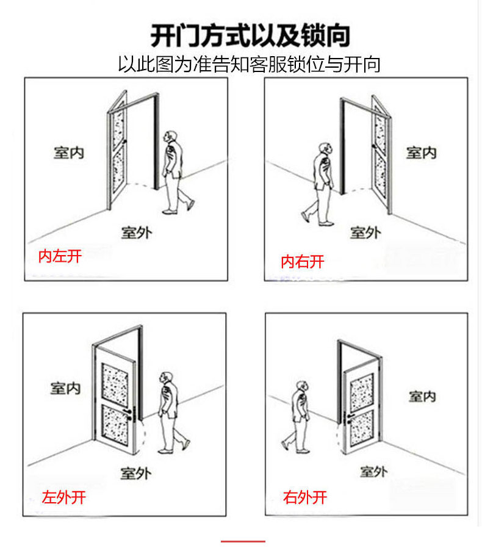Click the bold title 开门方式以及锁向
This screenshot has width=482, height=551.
(250, 35)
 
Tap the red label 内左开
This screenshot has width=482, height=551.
(60, 256)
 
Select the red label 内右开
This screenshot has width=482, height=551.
(302, 262)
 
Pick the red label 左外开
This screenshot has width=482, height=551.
(63, 497)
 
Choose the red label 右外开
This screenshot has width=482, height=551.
(305, 497)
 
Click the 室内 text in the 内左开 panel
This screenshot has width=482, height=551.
(68, 153)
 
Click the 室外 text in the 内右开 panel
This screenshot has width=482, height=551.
(365, 232)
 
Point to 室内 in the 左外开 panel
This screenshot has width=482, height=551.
(65, 387)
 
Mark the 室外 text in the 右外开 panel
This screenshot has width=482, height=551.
(374, 471)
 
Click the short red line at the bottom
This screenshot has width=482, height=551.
(242, 541)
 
